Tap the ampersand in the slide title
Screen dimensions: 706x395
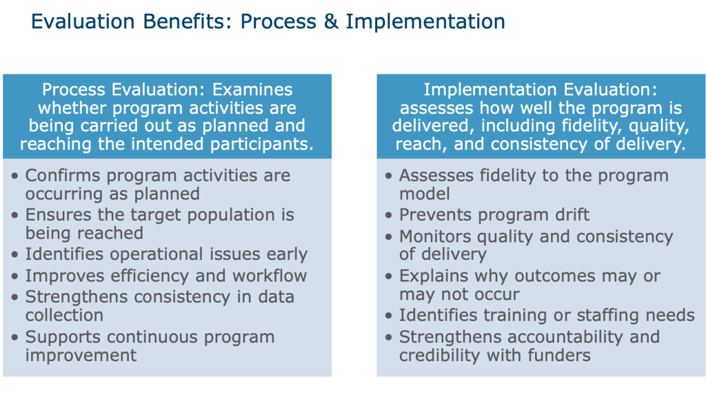[331, 21]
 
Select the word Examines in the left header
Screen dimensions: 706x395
[252, 90]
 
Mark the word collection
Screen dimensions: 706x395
[64, 315]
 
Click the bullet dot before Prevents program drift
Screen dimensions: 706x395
[389, 216]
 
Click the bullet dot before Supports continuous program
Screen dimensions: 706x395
[15, 337]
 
